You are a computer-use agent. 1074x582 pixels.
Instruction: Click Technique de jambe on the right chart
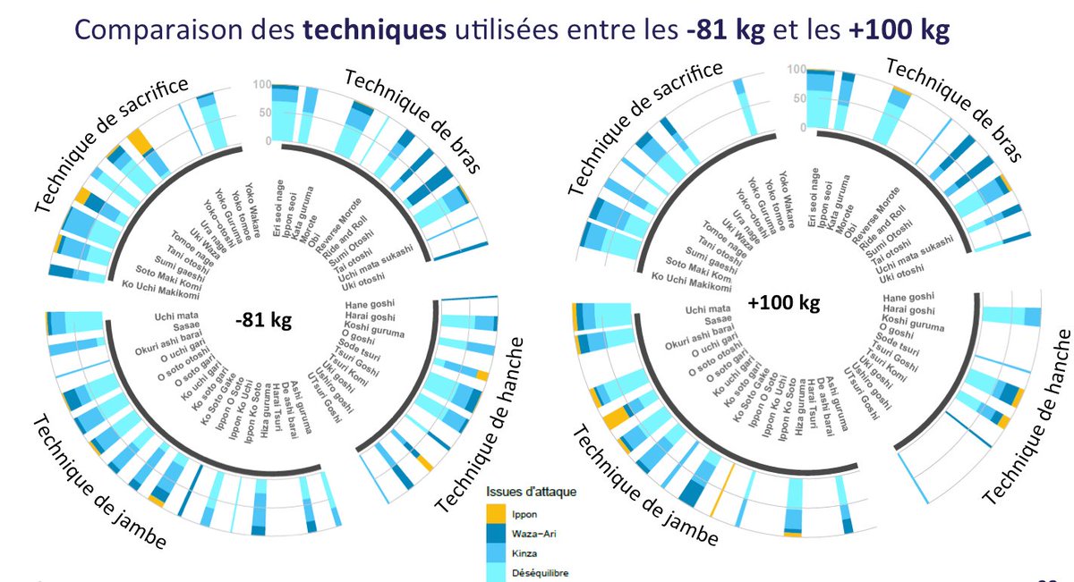coord(644,487)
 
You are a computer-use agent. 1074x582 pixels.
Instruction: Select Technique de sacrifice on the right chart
coord(644,125)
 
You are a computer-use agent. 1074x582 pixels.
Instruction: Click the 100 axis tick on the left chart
coord(262,85)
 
